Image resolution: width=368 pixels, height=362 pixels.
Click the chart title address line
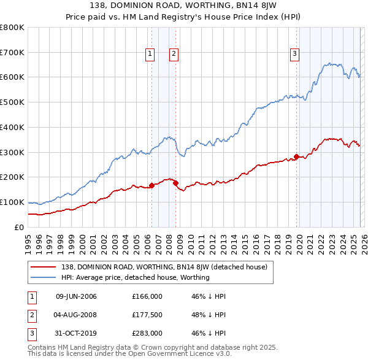(x=184, y=6)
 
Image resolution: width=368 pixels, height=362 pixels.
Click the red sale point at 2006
(x=151, y=185)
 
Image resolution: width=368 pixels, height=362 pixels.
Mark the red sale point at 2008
(x=175, y=182)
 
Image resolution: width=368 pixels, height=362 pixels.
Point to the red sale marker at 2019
(x=297, y=156)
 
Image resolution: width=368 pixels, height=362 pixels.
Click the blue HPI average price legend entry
(x=135, y=277)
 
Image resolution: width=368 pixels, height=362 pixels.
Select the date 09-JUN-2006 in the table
(x=76, y=296)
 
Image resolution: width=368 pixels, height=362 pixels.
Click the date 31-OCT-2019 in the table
(x=76, y=333)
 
